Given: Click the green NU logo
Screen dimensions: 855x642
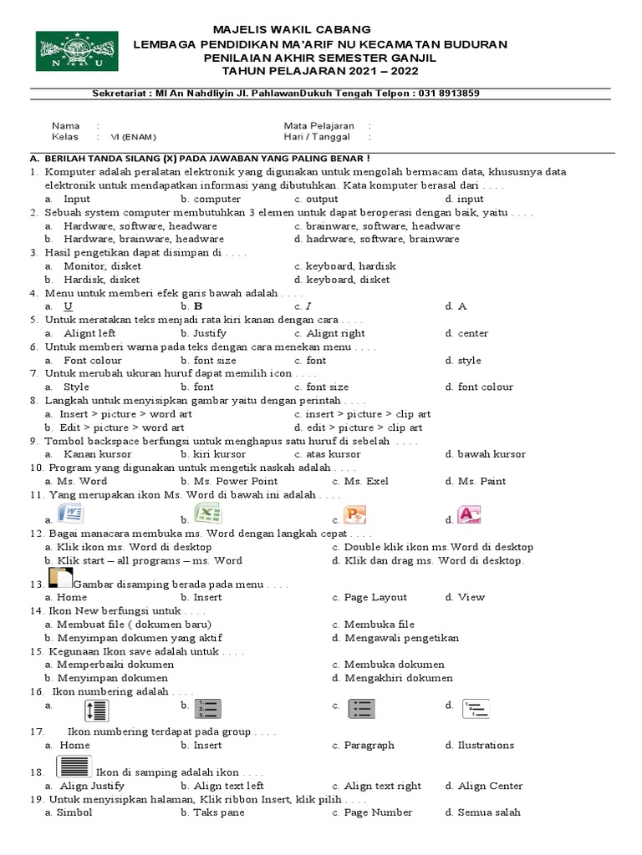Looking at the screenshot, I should tap(71, 51).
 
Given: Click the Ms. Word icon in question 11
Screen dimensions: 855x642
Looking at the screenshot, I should tap(70, 514).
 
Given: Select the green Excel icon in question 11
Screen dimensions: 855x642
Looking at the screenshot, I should tap(206, 513).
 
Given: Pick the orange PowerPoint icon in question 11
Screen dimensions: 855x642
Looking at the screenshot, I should tap(354, 514).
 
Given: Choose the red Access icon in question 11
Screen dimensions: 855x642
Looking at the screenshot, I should tap(469, 514).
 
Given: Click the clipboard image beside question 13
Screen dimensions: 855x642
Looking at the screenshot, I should tap(61, 578).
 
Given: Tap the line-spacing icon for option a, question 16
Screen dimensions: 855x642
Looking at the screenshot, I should tap(96, 710).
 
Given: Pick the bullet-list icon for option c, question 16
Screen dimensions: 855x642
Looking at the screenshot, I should tap(362, 709).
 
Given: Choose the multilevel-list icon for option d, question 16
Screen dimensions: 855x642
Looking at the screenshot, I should tap(476, 709).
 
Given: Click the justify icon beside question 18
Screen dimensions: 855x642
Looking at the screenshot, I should tap(74, 766).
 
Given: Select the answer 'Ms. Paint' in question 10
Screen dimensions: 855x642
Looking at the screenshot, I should tap(481, 481).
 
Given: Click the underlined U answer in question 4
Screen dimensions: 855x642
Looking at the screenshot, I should tap(69, 306).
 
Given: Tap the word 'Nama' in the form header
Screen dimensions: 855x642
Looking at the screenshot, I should tap(65, 125).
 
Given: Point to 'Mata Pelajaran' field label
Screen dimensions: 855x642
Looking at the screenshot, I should tap(318, 125).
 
